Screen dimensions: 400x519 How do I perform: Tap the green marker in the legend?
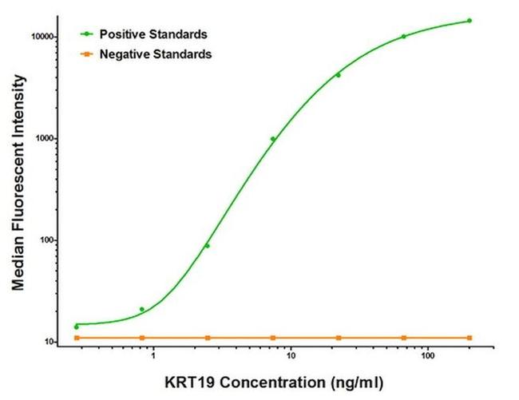click(86, 34)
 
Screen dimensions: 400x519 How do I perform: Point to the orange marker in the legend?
click(86, 55)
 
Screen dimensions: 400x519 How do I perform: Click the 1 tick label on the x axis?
click(152, 356)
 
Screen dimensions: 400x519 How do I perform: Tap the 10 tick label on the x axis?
click(291, 356)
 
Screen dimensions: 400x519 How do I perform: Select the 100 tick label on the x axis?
click(428, 356)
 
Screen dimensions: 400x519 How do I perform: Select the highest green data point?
click(469, 21)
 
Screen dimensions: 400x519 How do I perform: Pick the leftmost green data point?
click(77, 327)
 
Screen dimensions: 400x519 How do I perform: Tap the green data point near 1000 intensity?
click(273, 139)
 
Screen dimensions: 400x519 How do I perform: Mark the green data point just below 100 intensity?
click(208, 245)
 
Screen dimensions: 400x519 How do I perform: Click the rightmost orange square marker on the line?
click(469, 338)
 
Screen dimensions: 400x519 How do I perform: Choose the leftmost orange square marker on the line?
click(77, 338)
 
